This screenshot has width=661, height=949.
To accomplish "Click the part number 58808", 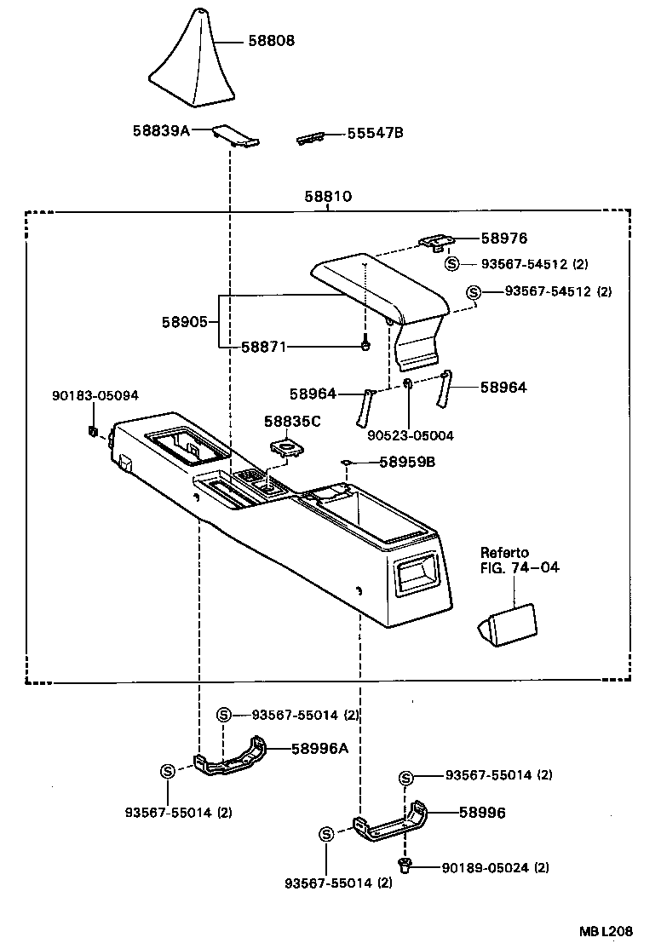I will (x=272, y=40).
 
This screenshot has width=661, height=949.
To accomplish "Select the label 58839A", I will (x=160, y=130).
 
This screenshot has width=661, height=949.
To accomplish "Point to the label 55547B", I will (x=374, y=133).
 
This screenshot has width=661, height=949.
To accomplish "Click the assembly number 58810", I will (x=328, y=197).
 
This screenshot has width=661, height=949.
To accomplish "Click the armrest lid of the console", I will (x=379, y=285).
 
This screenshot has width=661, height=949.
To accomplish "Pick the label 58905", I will (x=185, y=322).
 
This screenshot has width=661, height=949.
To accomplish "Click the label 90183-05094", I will (x=95, y=395).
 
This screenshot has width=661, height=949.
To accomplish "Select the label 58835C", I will (x=292, y=421).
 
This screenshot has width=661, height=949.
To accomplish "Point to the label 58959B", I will (x=406, y=463).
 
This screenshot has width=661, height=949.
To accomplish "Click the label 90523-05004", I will (x=411, y=435).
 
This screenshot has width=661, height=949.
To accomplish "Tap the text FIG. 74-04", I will (x=520, y=567).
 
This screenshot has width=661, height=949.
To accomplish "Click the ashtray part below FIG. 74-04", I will (x=509, y=624).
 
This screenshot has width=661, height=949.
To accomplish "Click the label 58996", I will (x=481, y=813).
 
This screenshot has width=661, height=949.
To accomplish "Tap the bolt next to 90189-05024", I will (x=405, y=866).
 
